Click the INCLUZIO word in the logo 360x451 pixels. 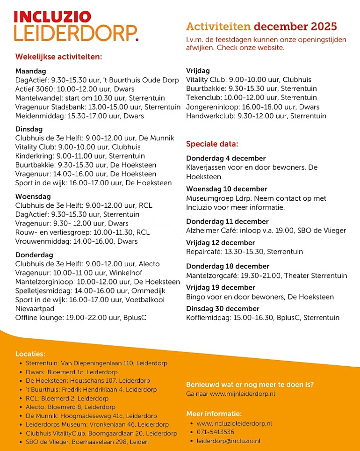pos(52,17)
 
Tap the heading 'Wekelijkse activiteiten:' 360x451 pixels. pos(59,57)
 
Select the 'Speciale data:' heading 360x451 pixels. pos(212,144)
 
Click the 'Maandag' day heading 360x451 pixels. pos(30,71)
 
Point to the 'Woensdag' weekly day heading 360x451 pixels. pos(33,196)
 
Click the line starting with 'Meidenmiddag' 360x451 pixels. pos(79,116)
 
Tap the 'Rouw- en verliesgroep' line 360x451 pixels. pos(82,233)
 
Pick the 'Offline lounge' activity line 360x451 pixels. pos(81,318)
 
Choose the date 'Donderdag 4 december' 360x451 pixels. pos(226,158)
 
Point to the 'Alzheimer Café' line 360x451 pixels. pos(266,230)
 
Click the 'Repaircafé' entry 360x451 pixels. pos(244,252)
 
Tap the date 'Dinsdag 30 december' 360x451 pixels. pos(223,309)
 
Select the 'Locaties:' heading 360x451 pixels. pos(30,354)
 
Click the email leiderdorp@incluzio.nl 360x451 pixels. pos(229,441)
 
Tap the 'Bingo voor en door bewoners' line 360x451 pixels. pos(260,297)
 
